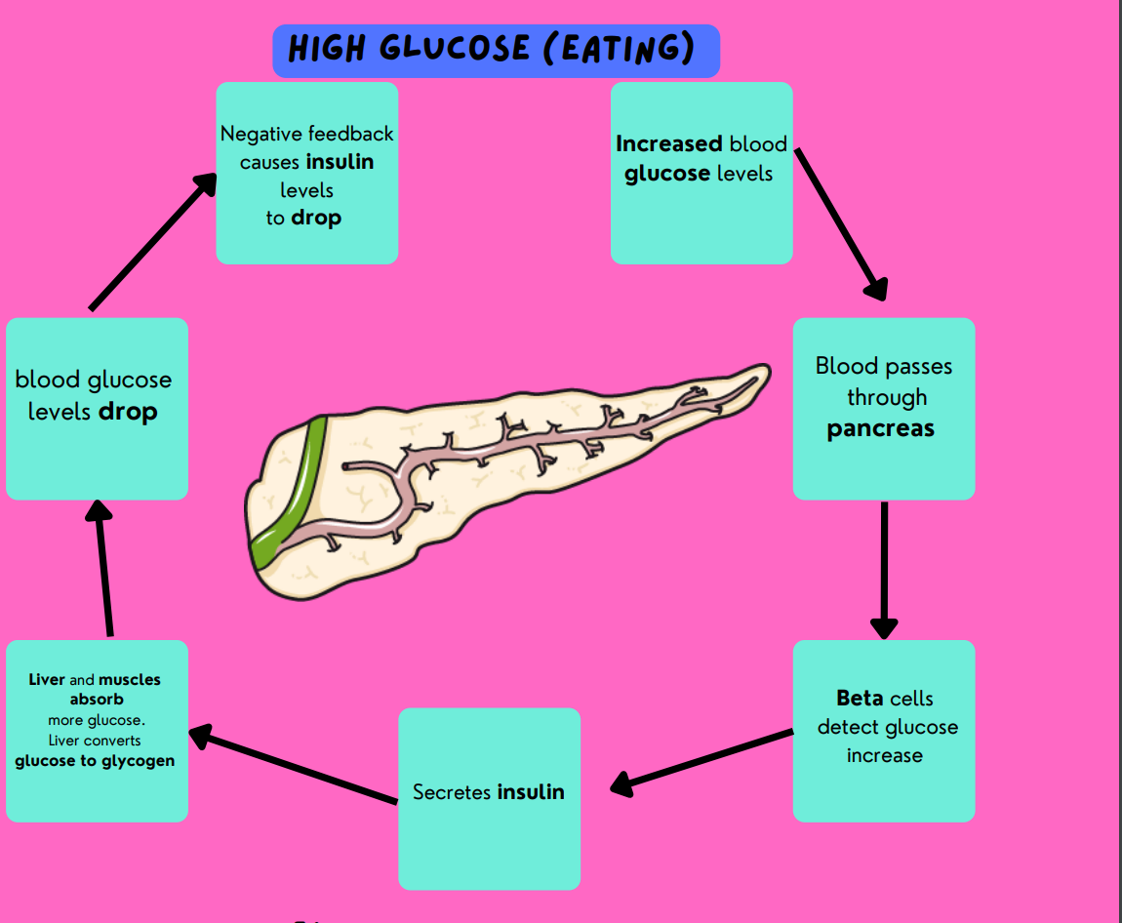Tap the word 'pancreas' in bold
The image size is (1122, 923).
coord(880,428)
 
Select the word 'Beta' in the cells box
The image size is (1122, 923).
coord(859,699)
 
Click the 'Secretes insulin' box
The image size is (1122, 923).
coord(489,798)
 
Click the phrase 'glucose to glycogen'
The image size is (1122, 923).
coord(96,761)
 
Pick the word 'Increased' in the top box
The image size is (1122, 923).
coord(669,144)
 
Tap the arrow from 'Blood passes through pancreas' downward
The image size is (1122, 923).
coord(884,571)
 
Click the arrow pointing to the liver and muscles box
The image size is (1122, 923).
coord(293,767)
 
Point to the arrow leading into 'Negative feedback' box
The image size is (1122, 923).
coord(153,241)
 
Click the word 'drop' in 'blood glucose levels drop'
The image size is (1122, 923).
coord(128,412)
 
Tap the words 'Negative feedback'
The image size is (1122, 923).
coord(307,134)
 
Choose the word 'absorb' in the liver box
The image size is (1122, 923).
coord(97,700)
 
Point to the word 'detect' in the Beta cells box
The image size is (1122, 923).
coord(849,727)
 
